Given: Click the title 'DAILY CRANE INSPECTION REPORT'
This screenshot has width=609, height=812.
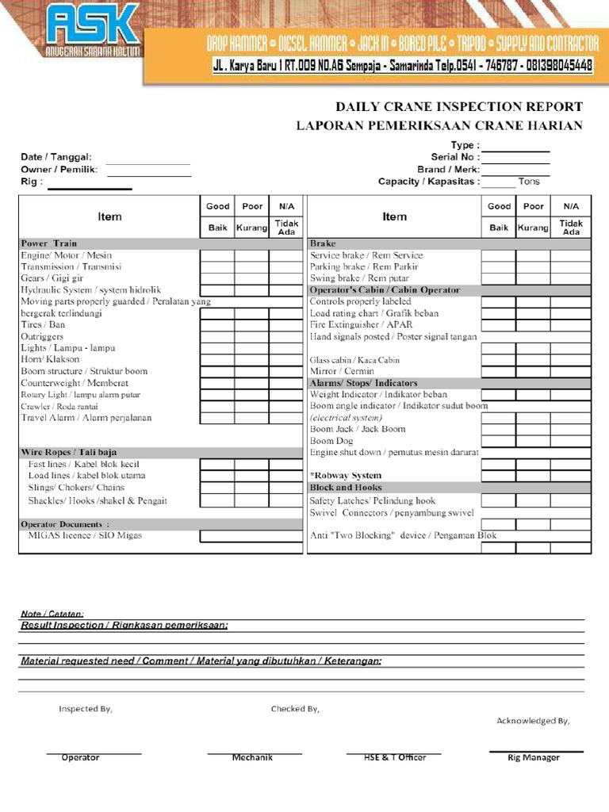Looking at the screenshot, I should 459,106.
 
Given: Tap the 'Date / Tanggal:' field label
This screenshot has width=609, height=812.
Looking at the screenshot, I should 56,157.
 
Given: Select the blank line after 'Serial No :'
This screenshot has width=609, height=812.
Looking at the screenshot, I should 515,157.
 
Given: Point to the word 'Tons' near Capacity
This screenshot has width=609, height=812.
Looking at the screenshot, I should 529,182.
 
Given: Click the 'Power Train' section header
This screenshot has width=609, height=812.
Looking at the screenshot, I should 49,243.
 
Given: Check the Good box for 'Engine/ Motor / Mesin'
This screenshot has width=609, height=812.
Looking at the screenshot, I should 216,255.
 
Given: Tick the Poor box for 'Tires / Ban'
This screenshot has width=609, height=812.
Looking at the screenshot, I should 251,325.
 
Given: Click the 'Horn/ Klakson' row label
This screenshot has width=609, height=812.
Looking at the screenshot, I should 51,359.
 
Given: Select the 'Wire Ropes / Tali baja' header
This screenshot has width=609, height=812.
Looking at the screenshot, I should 68,452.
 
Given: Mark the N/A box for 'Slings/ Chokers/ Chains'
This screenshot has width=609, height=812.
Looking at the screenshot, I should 286,488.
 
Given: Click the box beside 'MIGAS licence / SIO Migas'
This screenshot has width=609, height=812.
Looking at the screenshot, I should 251,536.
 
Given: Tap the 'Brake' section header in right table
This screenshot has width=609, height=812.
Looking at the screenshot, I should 323,243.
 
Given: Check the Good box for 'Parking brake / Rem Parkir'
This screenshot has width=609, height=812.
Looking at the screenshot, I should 498,267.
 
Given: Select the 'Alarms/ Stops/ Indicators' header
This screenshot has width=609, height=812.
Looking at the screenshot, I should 363,383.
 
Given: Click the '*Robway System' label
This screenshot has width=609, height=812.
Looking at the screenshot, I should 346,476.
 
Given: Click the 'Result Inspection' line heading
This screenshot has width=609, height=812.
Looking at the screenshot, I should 124,625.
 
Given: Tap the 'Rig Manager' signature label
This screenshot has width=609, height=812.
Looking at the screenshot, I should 534,757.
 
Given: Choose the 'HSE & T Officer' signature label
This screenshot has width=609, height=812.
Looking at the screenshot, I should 395,757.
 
